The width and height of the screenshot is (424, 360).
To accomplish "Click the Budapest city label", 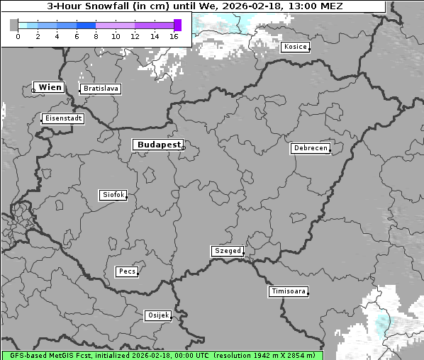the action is coord(158,145).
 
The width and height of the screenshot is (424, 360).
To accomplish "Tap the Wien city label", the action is coord(50,87).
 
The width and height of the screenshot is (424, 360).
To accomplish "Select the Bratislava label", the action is coord(100,89).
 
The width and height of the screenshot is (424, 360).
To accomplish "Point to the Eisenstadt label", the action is coord(62,118).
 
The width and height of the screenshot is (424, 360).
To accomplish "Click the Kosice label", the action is coord(294,47).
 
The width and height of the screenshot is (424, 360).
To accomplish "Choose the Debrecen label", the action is coord(310,149).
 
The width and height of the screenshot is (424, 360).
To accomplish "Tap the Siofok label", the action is coord(113,194).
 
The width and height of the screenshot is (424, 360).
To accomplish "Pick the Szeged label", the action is coord(228,251).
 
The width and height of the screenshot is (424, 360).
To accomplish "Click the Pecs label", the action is coord(127,271).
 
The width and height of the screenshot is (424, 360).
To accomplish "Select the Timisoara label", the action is coord(288,291).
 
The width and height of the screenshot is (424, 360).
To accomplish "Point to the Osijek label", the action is coord(158,315).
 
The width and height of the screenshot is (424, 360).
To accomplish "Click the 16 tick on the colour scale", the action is coord(174,36).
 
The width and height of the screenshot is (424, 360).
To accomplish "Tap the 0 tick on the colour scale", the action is coord(18,36).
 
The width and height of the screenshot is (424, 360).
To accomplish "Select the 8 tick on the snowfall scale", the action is coord(96,36).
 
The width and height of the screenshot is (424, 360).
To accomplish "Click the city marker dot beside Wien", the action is coord(33,90).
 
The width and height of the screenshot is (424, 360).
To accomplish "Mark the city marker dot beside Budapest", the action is coord(182,147).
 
